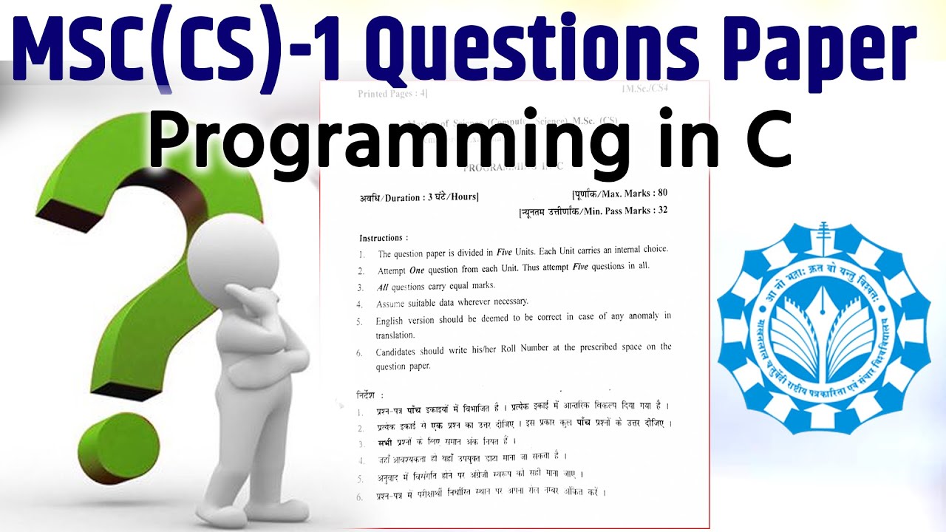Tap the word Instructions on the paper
383,238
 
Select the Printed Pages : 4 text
392,94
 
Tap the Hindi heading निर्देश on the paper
370,395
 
